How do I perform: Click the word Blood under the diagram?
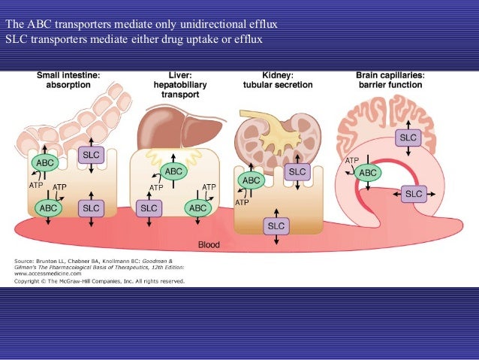209,245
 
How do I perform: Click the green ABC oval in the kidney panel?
251,181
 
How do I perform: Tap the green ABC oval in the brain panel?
368,173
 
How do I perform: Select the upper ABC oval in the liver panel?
173,171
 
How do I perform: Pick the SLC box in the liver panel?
149,207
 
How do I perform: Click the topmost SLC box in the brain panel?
408,138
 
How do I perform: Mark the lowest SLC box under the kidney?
276,225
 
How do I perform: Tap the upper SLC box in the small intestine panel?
90,156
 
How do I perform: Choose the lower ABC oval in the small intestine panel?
48,207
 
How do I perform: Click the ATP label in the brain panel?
351,160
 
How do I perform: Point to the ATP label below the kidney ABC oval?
242,202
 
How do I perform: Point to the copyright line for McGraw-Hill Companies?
99,281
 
